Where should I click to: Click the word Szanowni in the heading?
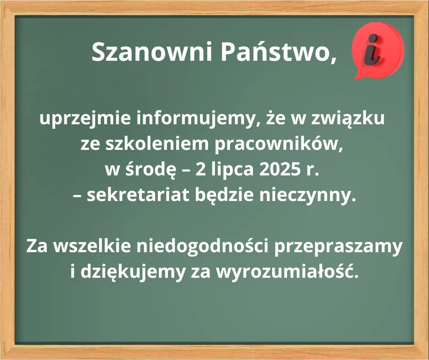click(152, 52)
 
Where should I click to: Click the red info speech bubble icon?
click(378, 50)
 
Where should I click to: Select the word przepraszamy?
click(339, 248)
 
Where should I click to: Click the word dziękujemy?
click(133, 272)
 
